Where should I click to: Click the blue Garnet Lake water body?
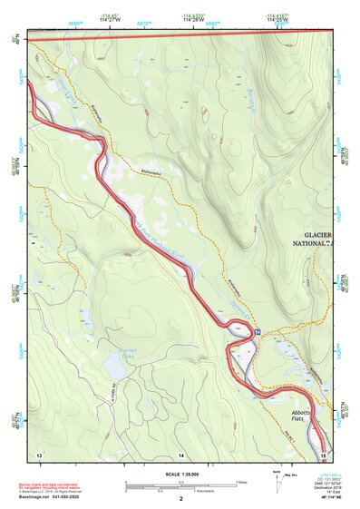coord(116,366)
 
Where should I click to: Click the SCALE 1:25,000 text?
coord(180,475)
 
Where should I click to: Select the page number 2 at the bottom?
coord(180,499)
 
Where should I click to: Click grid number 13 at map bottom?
coord(39,452)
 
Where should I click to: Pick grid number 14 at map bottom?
coord(180,452)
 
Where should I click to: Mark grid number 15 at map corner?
coord(324,452)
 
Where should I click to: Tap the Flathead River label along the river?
coord(163,242)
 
